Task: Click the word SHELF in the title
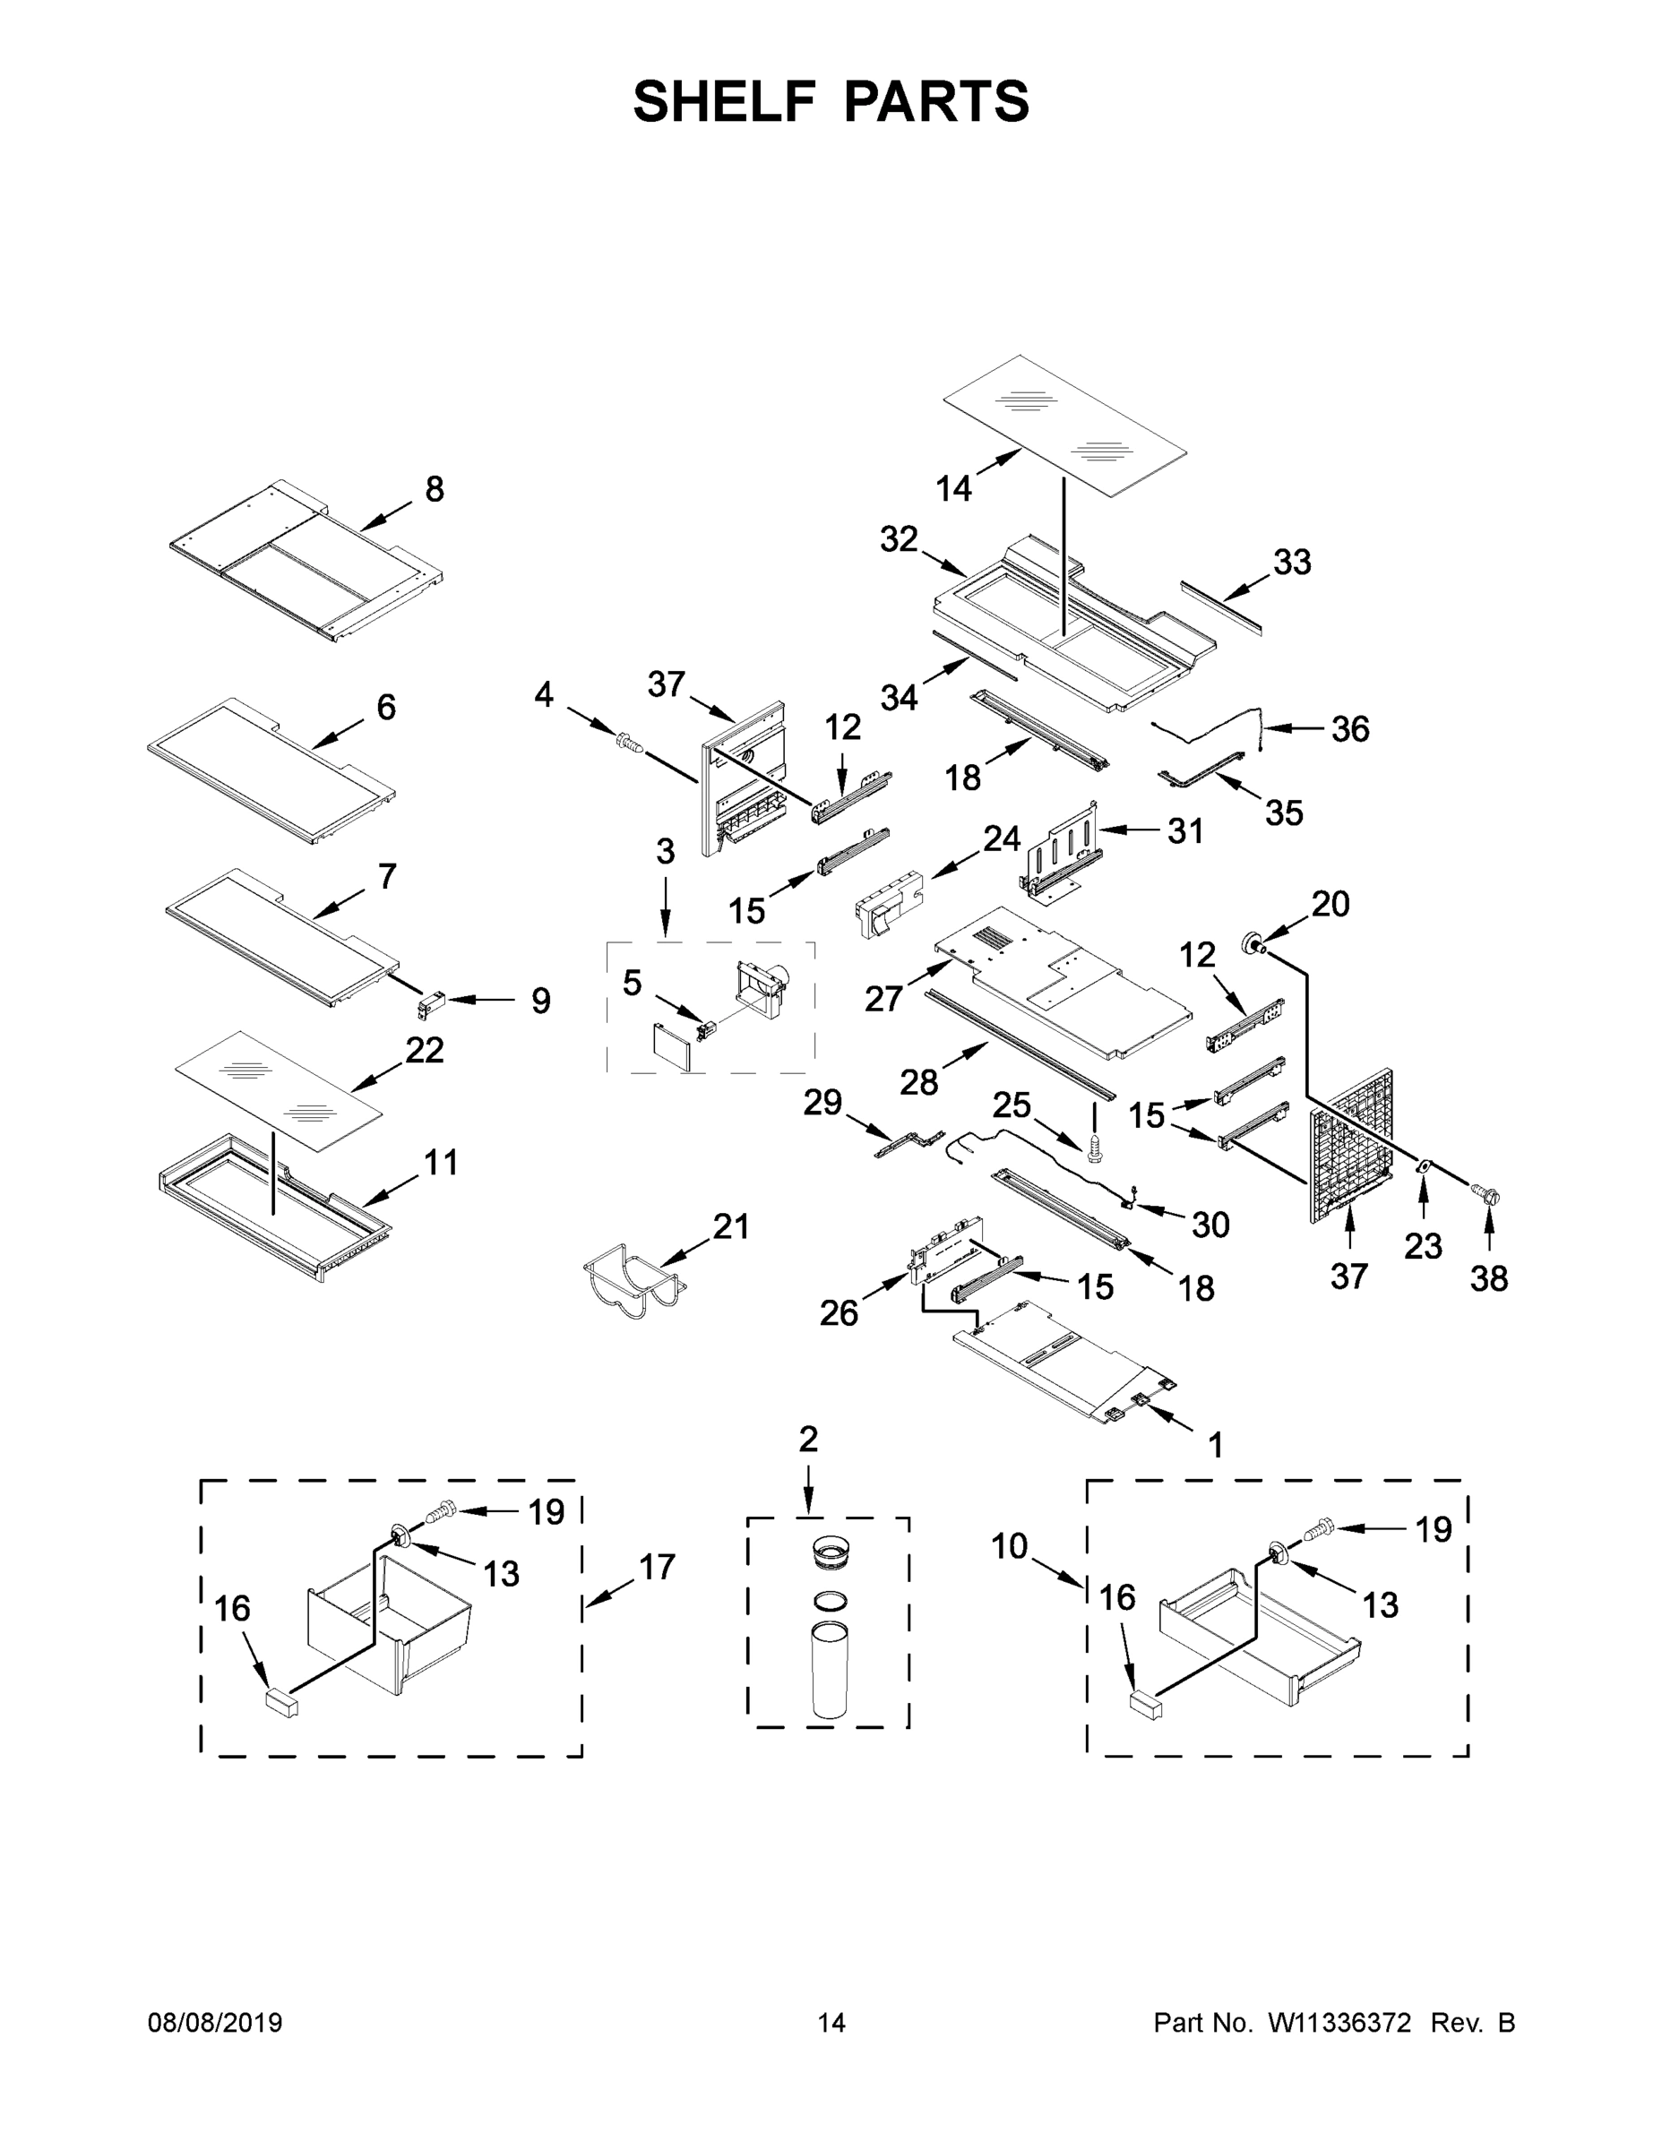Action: [x=725, y=101]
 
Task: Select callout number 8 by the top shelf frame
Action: [x=435, y=489]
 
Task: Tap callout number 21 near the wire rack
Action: [x=730, y=1226]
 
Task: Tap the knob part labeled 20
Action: [x=1254, y=943]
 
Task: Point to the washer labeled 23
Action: [x=1422, y=1167]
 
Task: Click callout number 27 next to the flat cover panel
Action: [x=883, y=998]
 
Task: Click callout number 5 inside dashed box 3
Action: [x=633, y=982]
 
